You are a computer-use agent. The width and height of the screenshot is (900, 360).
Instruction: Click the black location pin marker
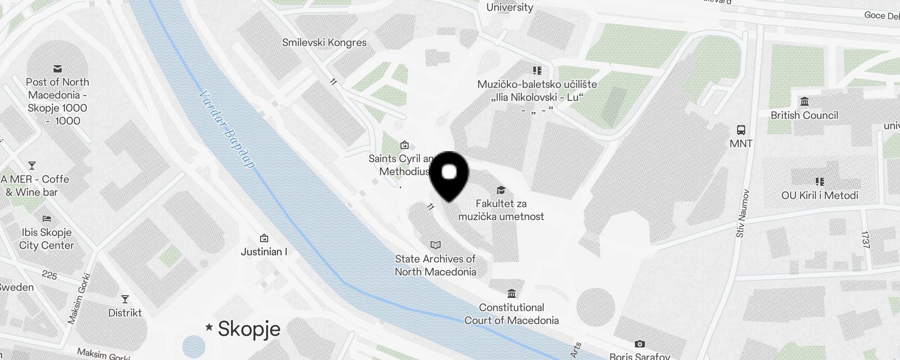click(x=449, y=175)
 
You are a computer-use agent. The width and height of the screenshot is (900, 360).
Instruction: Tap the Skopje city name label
click(x=249, y=329)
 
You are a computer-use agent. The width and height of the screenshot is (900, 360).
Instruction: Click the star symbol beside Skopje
click(x=209, y=327)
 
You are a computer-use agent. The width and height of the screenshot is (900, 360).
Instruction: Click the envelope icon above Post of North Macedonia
click(x=58, y=69)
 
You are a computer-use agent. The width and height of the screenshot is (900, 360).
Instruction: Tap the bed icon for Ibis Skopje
click(x=47, y=219)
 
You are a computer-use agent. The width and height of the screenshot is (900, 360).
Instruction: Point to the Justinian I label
click(x=264, y=252)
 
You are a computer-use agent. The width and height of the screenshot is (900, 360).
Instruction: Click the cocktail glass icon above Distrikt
click(x=125, y=299)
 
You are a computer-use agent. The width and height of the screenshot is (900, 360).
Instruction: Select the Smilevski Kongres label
click(x=324, y=43)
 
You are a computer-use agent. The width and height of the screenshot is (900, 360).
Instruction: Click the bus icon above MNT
click(x=741, y=130)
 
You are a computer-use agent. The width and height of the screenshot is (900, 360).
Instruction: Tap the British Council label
click(x=804, y=115)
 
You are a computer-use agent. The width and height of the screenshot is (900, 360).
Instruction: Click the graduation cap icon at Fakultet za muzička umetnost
click(x=501, y=190)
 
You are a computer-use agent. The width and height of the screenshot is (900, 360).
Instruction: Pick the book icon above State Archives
click(x=435, y=245)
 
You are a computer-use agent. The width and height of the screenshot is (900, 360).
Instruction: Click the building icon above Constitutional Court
click(x=512, y=294)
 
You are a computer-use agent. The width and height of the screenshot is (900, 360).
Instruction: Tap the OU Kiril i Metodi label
click(x=819, y=195)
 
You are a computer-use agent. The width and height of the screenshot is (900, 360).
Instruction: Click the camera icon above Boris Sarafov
click(x=639, y=344)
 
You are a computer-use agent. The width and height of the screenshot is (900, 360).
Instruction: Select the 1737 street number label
click(x=865, y=239)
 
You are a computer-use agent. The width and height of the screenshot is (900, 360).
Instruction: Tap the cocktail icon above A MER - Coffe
click(x=32, y=166)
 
